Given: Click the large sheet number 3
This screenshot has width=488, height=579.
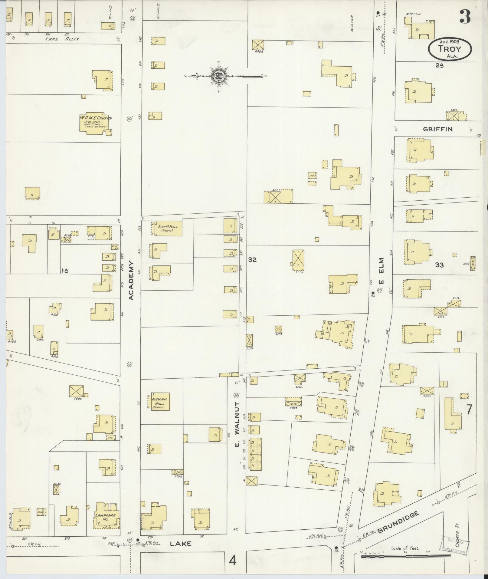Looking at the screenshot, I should coord(465,17).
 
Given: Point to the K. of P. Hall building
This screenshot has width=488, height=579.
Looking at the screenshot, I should coord(167,228).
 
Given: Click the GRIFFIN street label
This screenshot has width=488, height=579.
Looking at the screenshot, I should coord(437,129).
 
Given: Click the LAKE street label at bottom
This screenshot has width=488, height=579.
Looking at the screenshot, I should coord(181,544).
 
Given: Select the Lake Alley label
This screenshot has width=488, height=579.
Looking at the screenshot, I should coord(62,39).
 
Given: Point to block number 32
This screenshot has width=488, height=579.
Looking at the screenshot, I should coord(252,259).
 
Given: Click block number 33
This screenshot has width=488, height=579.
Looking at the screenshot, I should coord(439,265).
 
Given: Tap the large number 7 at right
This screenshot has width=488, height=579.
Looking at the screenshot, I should coord(468,410).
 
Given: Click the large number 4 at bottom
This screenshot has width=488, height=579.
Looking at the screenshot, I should coord(232,561).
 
